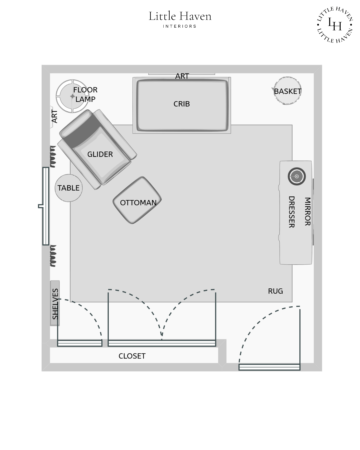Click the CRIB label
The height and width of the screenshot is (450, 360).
(181, 104)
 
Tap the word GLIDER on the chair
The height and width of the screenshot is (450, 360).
(100, 154)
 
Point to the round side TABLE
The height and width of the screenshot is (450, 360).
(68, 188)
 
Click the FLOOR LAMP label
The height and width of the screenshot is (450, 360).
(85, 94)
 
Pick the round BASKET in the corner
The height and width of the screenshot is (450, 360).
(287, 91)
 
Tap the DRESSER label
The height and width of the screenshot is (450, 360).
(291, 212)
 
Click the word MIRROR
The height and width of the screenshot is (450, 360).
(307, 211)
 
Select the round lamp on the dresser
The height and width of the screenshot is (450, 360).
(297, 176)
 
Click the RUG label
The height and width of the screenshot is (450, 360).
(275, 291)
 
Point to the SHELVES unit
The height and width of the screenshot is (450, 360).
(55, 303)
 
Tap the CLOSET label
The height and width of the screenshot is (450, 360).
(132, 356)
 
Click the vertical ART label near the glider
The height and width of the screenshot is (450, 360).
(54, 116)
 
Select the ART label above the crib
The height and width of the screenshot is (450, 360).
(182, 76)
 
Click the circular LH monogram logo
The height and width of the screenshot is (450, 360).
(335, 25)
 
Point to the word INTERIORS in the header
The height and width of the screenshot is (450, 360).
(180, 26)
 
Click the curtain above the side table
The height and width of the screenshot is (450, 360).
(53, 156)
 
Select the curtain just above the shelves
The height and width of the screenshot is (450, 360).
(53, 256)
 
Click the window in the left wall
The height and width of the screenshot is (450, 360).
(46, 206)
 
